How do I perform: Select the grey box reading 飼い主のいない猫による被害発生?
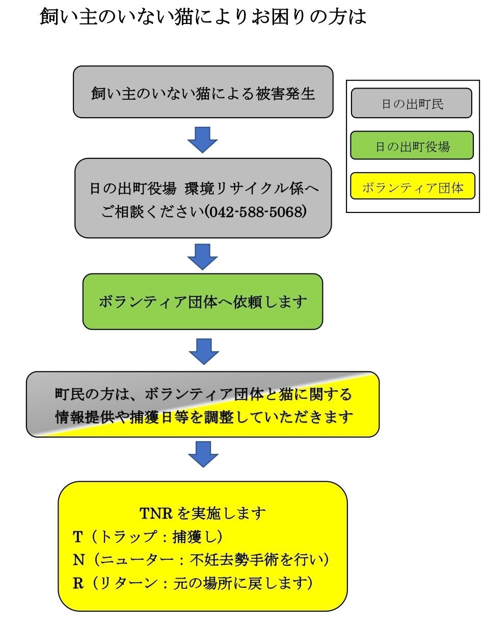point(203,94)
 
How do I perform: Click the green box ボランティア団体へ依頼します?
point(203,302)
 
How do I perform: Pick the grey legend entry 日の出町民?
point(412,104)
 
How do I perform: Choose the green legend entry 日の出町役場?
point(412,146)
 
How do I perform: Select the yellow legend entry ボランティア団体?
point(412,187)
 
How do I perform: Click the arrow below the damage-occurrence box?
point(203,140)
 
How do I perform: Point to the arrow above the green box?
point(203,256)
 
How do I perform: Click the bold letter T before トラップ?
point(77,536)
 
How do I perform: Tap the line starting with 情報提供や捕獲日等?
point(203,417)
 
